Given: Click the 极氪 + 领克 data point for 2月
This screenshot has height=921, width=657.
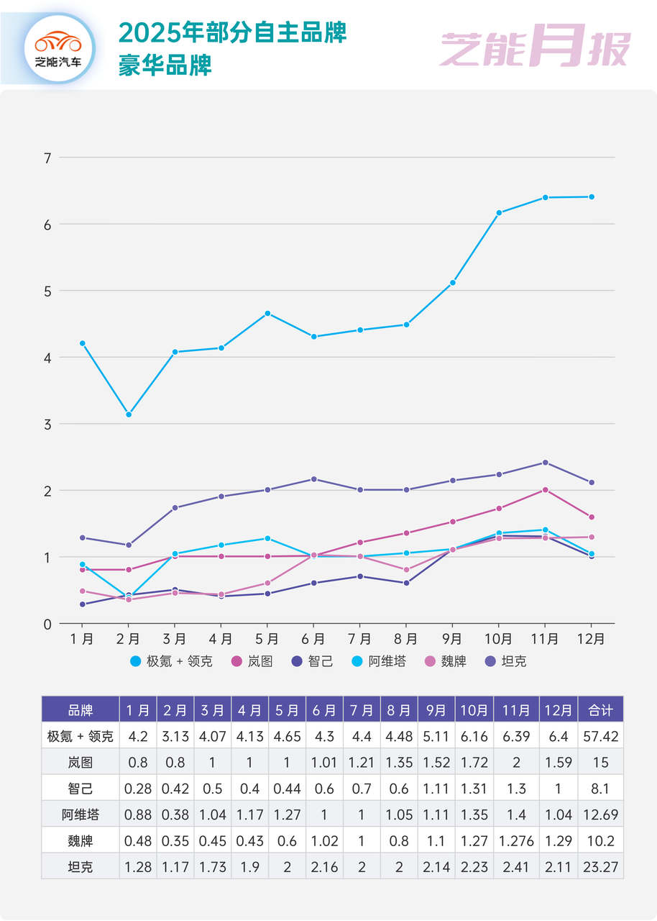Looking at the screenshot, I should [x=129, y=414].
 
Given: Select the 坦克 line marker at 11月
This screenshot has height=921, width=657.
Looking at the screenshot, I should [x=545, y=463].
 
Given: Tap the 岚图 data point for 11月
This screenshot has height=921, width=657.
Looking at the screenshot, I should [x=545, y=490].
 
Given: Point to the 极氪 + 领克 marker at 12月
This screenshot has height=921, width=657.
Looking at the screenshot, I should [x=592, y=196].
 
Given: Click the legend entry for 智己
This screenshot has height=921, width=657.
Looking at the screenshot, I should [x=313, y=661].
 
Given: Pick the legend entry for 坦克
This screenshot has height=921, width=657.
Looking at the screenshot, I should [x=506, y=661].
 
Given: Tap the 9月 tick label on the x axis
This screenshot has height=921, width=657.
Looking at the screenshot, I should [x=452, y=638].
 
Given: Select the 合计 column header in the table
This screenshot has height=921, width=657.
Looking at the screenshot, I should [x=600, y=709].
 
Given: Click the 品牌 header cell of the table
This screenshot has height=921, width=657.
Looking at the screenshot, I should [x=80, y=709].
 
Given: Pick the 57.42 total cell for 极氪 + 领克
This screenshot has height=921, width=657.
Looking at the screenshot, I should [x=600, y=736].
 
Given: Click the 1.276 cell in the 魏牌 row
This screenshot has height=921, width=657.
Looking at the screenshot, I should [x=516, y=840].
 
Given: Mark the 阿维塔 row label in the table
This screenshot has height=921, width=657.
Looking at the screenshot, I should [x=80, y=815].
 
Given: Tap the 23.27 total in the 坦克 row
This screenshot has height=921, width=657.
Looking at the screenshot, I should [x=600, y=866].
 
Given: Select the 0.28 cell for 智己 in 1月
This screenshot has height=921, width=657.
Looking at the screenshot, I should [x=138, y=788].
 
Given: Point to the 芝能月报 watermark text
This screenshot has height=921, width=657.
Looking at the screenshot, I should [x=535, y=48].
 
